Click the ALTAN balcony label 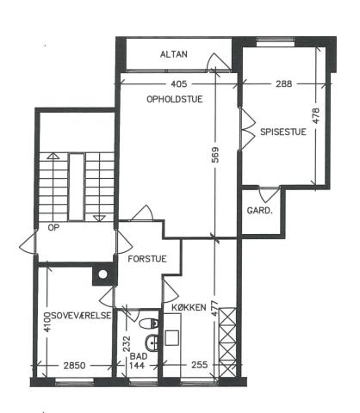174,54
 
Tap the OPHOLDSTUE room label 175,99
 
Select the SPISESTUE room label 283,132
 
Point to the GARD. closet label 259,211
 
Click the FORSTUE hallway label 147,259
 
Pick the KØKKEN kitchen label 189,307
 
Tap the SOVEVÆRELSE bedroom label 81,316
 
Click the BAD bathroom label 139,356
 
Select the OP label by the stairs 53,228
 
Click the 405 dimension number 179,83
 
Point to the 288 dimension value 283,83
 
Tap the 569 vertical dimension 215,155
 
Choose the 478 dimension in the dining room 316,115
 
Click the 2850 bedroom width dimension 74,366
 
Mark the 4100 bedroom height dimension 47,322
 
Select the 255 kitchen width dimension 199,365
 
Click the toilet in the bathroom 148,324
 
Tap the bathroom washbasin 152,342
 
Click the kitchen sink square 172,338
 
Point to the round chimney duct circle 102,274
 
